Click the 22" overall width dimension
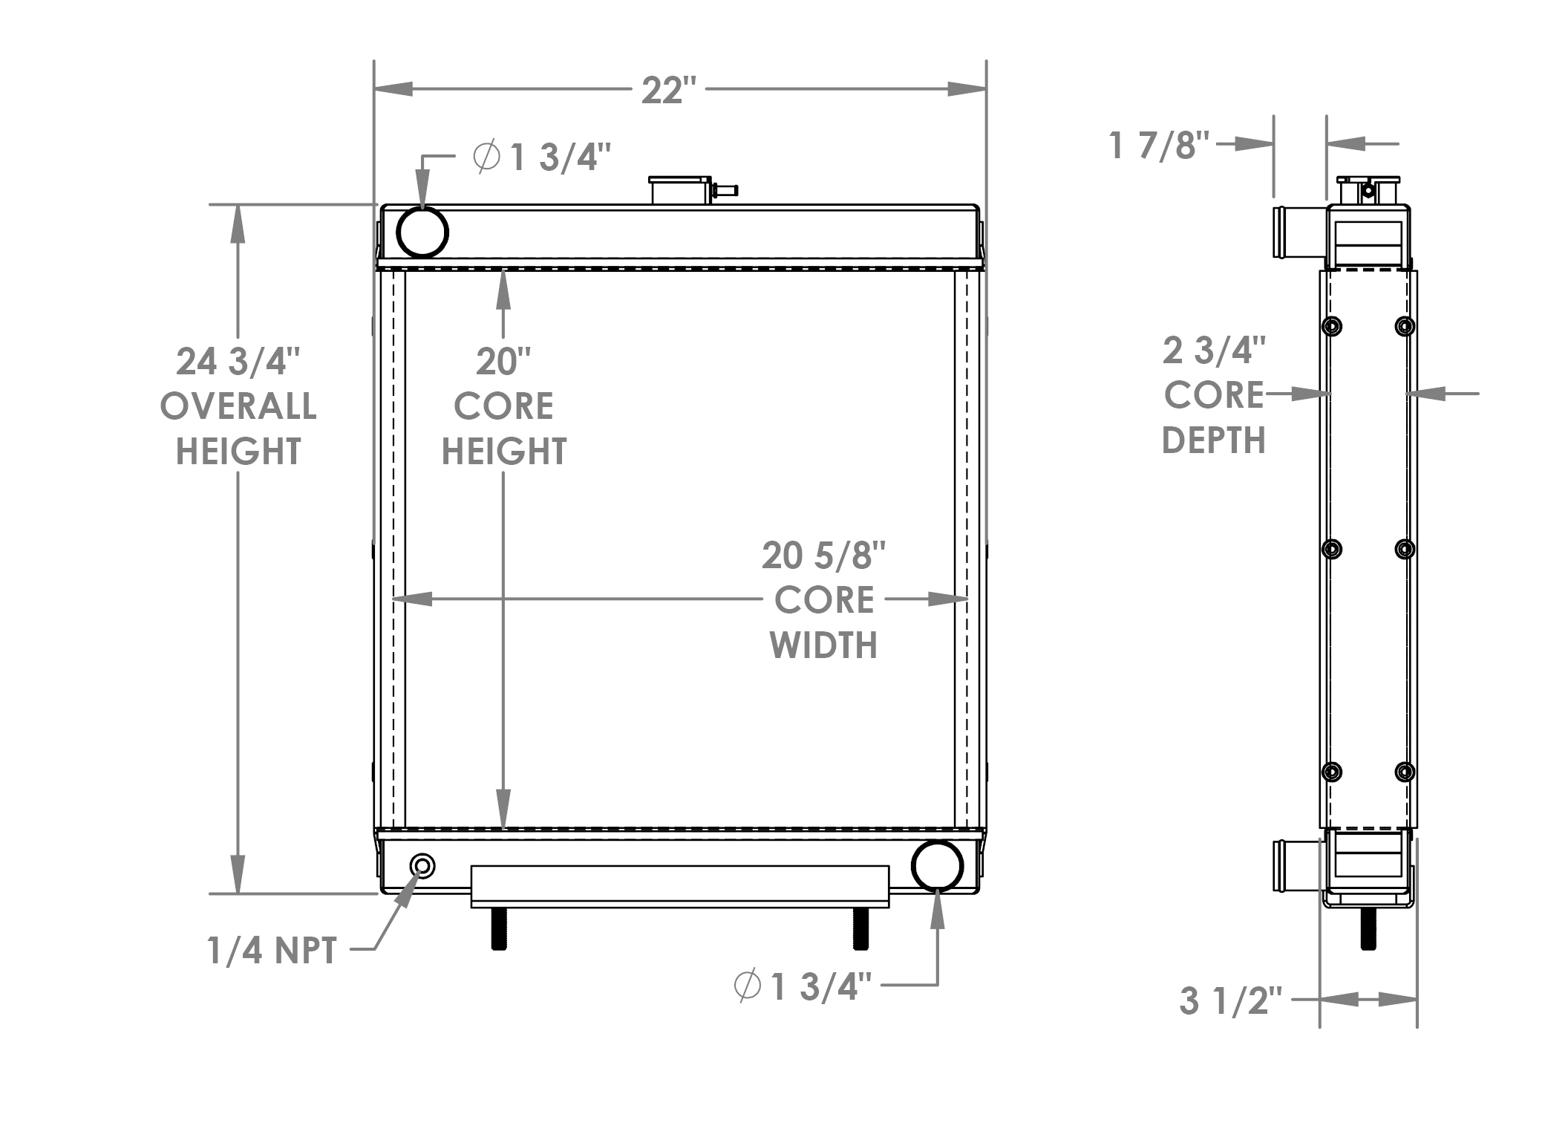669,91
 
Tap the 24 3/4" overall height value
238,362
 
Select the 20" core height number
503,362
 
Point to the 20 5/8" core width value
823,556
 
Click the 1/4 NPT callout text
272,951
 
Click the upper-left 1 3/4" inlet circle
422,232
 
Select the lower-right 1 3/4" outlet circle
937,865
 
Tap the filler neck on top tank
680,190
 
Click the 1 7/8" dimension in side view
1158,145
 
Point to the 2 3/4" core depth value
1214,351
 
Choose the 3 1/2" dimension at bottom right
1230,1001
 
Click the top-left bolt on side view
1333,326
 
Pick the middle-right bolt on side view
1404,549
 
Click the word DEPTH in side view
1214,440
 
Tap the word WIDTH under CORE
823,645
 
